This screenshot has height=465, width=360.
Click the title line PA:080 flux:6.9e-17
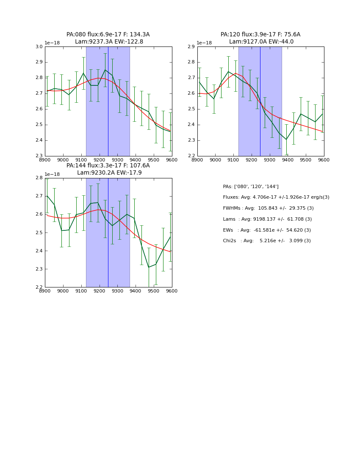click(x=108, y=35)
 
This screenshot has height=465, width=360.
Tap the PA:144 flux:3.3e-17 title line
click(x=108, y=166)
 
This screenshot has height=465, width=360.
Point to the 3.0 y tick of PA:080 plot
click(x=39, y=47)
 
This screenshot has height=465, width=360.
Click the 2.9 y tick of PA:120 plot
click(x=191, y=47)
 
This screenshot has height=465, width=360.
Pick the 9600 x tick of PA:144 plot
click(x=172, y=291)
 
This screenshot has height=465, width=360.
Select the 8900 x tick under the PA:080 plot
click(x=45, y=160)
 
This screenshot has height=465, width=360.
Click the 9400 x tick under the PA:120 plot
click(x=288, y=160)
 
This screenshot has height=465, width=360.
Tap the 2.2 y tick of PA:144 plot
click(x=39, y=287)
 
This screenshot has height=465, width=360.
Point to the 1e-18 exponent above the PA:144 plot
click(x=52, y=174)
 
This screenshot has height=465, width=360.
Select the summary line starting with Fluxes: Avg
click(x=276, y=197)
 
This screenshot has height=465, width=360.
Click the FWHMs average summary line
click(x=268, y=208)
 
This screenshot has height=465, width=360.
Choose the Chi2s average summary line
click(x=267, y=241)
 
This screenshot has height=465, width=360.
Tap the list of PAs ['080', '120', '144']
click(x=251, y=186)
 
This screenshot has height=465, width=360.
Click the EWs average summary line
click(x=267, y=230)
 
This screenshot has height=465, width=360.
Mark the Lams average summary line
click(x=267, y=219)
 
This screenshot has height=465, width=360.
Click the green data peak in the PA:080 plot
click(x=105, y=70)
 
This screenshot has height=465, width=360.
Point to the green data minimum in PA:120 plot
click(x=286, y=139)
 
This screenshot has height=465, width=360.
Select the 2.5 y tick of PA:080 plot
click(x=39, y=125)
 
